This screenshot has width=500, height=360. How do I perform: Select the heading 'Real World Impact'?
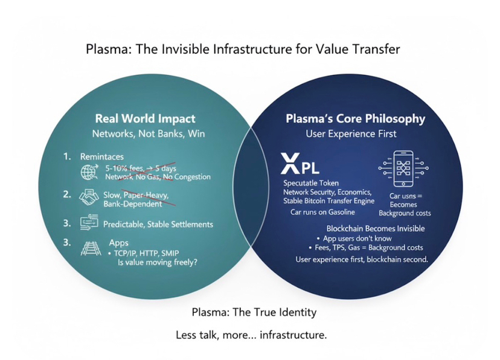[x=145, y=118]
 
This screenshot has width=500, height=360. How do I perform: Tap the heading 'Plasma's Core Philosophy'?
[x=355, y=118]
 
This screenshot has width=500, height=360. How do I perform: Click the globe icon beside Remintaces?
[x=89, y=173]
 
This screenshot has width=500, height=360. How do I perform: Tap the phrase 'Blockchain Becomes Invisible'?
[x=375, y=229]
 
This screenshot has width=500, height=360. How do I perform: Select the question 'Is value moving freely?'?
[x=158, y=263]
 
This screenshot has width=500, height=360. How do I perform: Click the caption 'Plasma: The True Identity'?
[x=254, y=312]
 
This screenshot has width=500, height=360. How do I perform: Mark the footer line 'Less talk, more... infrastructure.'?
[x=251, y=335]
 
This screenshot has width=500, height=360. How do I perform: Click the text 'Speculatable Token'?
[x=312, y=183]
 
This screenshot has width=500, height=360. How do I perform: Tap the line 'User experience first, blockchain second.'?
[x=362, y=259]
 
